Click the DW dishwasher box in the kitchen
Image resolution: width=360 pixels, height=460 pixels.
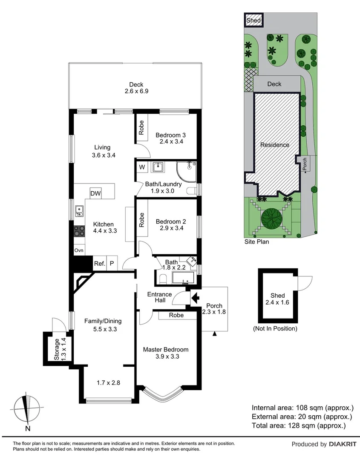pos(95,194)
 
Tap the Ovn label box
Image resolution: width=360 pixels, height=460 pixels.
pos(79,250)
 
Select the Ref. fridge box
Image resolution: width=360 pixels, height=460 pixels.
pos(99,264)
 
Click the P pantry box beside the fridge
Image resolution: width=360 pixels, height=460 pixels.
pos(112,264)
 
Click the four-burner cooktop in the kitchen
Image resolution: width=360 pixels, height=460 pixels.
pos(79,231)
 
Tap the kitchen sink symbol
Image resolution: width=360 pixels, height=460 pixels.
pos(79,210)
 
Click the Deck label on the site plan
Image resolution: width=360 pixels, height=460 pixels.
pos(274,84)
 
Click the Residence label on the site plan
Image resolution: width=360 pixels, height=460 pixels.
pos(275,145)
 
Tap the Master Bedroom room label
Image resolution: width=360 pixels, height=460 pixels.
pos(166,349)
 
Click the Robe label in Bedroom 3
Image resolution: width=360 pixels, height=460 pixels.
pos(141,126)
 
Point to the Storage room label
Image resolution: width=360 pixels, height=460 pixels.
pos(56,349)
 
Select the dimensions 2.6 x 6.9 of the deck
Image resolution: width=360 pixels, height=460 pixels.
pos(136,91)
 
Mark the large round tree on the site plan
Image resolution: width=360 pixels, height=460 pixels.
pos(273,218)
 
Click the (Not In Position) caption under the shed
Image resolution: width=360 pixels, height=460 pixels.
pos(275,328)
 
